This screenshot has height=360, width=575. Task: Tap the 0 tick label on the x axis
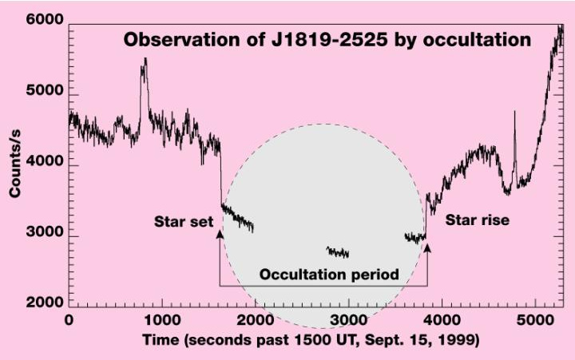click(x=69, y=320)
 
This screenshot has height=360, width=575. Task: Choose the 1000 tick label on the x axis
click(x=162, y=320)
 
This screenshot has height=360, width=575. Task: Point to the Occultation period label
click(x=329, y=274)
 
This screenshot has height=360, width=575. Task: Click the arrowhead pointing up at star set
click(x=220, y=232)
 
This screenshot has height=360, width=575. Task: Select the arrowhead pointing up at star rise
click(x=427, y=249)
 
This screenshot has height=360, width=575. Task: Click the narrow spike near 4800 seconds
click(x=514, y=113)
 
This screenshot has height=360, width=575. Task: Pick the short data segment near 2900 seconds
click(x=338, y=252)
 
